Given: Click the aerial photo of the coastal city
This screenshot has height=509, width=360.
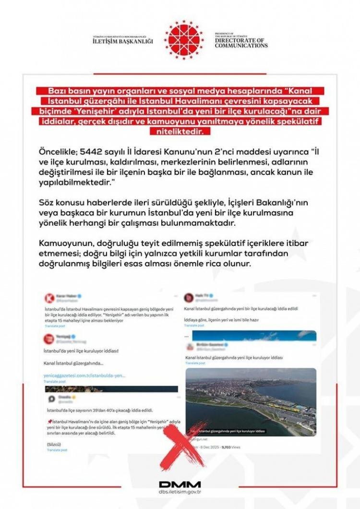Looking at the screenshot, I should tap(251, 401).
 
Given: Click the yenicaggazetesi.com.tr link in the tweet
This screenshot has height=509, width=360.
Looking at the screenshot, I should tap(84, 376).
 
